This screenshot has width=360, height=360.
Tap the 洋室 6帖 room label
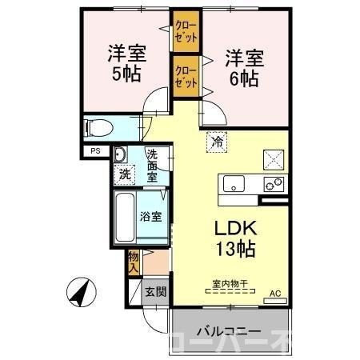(241, 67)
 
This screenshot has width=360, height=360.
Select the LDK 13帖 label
(233, 238)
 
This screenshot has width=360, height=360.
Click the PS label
(95, 150)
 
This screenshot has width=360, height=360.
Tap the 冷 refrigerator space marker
(216, 142)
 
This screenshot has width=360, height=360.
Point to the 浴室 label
(152, 216)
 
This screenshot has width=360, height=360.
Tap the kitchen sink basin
(234, 183)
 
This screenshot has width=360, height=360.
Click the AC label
(275, 293)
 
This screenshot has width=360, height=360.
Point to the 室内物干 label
(230, 282)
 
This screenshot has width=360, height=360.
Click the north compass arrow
(79, 293)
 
